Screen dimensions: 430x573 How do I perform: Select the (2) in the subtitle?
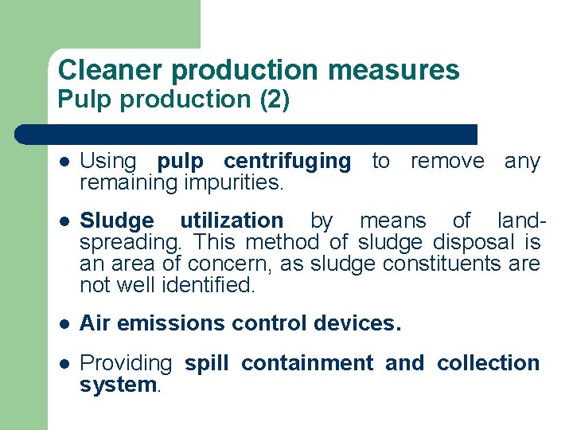click(274, 101)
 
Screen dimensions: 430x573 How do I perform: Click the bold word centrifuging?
click(286, 161)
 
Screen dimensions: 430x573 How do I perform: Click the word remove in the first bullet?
click(446, 161)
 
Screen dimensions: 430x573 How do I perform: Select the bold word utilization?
click(231, 221)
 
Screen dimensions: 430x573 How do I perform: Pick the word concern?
click(231, 264)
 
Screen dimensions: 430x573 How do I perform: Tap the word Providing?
click(126, 364)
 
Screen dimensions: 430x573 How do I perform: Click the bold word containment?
click(306, 363)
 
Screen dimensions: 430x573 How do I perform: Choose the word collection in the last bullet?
click(488, 363)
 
